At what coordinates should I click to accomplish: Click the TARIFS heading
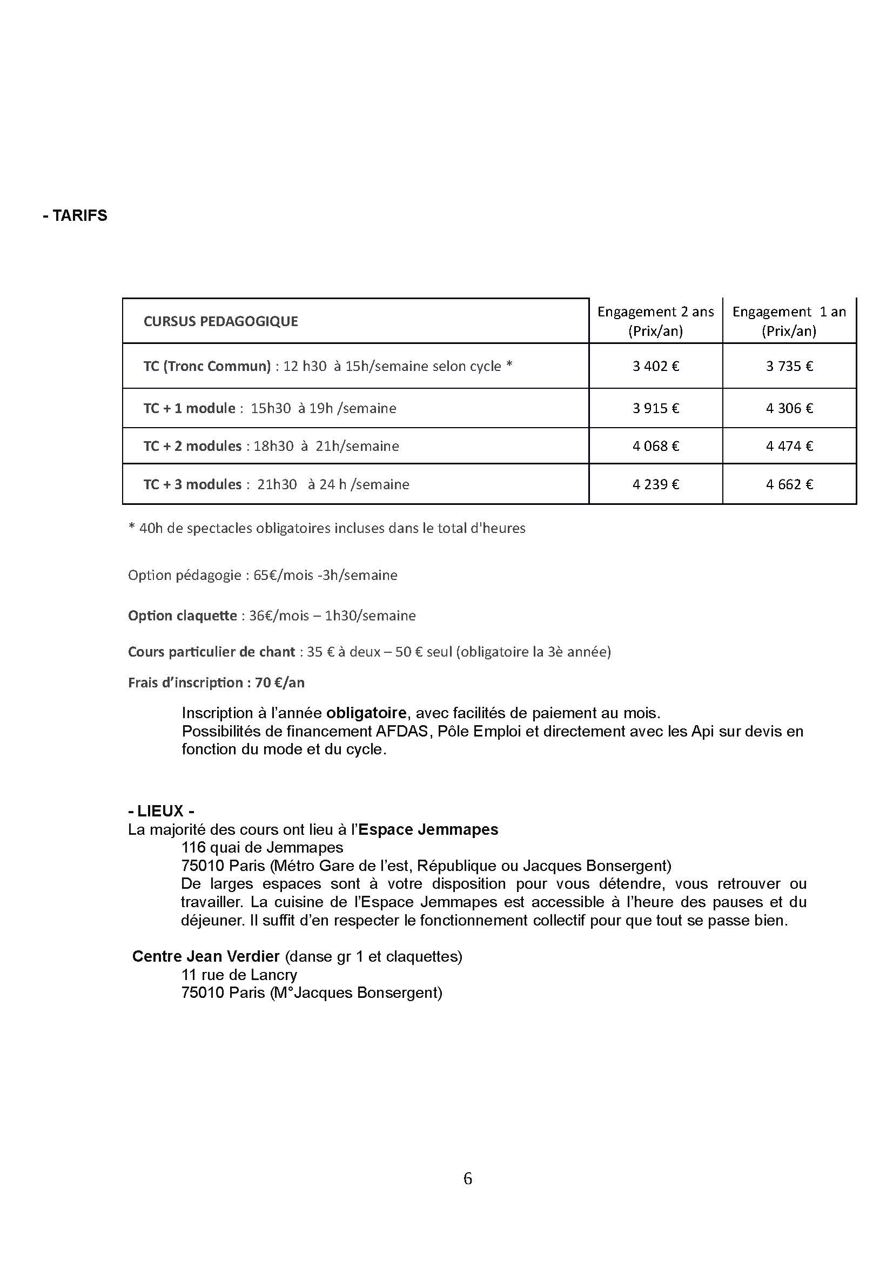click(75, 215)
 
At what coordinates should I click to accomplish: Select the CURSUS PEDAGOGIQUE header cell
click(220, 321)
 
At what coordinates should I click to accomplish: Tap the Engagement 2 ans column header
click(655, 321)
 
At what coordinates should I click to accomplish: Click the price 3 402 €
click(655, 366)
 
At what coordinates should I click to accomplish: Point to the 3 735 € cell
click(789, 366)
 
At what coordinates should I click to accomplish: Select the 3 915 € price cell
click(655, 408)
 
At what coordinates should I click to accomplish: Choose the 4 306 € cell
click(789, 408)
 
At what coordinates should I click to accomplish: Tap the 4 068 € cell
click(655, 445)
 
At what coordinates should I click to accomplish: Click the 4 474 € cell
click(789, 445)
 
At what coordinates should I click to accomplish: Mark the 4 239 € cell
click(655, 484)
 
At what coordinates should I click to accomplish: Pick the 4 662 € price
click(789, 484)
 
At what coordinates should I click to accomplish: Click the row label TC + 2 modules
click(192, 445)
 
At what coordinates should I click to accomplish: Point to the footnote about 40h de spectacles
click(327, 528)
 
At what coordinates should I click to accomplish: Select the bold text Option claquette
click(182, 616)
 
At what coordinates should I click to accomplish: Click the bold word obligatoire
click(366, 713)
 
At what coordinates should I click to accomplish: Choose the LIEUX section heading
click(160, 812)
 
